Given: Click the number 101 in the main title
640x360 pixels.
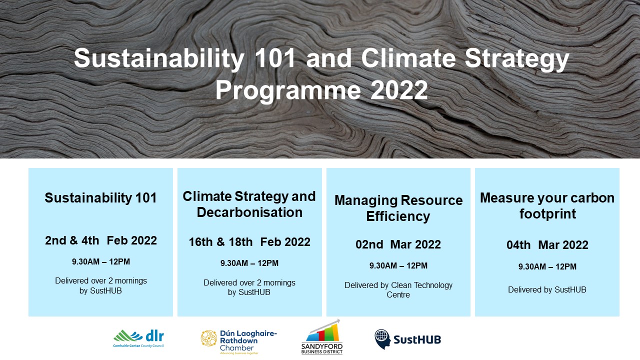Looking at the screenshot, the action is pos(275,58).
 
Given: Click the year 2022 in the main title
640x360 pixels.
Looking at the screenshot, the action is pos(399,90).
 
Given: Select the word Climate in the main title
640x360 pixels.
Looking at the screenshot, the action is pos(408,58).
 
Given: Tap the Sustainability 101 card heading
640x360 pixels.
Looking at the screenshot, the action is pos(101,197).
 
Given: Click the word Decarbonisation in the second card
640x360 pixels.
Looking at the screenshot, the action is pos(249,212).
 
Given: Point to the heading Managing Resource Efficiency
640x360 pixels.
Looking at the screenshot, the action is pos(398,208).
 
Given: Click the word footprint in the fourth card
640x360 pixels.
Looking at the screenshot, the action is pos(547,214).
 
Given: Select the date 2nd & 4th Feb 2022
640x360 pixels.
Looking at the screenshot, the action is pos(101,240).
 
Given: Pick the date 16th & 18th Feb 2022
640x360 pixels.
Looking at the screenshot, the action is pos(249,242).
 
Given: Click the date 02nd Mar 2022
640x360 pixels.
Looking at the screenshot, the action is pos(398,244).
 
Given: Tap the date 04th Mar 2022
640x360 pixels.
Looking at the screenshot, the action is pos(547,245).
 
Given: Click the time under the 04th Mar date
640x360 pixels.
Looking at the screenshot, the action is pos(547,266).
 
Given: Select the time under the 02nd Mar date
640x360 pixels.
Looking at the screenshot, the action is pos(398,265).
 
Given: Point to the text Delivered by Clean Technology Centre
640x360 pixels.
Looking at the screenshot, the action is pos(398,289).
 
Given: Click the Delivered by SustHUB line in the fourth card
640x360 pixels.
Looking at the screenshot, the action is pos(547,289).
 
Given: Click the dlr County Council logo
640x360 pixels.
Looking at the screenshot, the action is pos(138,339).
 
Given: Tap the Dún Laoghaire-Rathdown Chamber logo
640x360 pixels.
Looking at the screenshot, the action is pos(239,341).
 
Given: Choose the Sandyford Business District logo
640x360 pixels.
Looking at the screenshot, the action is pos(322,337).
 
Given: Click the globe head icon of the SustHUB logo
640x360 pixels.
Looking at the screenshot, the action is pos(382,339).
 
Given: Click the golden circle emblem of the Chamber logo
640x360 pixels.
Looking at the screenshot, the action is pos(209,338).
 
